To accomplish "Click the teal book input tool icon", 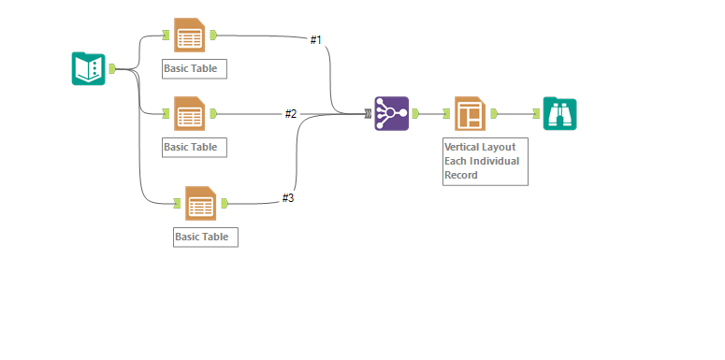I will (88, 68).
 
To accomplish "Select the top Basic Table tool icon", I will (189, 36).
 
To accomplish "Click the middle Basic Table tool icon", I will (189, 114).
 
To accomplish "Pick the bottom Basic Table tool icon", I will (200, 203).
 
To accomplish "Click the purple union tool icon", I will (391, 113).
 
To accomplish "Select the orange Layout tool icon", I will (470, 113).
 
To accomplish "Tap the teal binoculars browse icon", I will (559, 113).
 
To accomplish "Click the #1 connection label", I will (316, 40).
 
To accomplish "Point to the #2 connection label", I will (291, 114).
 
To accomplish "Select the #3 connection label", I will (288, 198).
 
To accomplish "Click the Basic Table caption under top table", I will (194, 69).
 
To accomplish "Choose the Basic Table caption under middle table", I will (194, 147).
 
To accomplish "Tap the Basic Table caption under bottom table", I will (206, 237).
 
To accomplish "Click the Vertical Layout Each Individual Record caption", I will (485, 161).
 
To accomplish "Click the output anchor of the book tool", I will (112, 68).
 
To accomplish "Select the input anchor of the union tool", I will (369, 113).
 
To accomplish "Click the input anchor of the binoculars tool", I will (537, 113).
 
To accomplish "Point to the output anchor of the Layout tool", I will (493, 113).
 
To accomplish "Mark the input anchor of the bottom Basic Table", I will (178, 203).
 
